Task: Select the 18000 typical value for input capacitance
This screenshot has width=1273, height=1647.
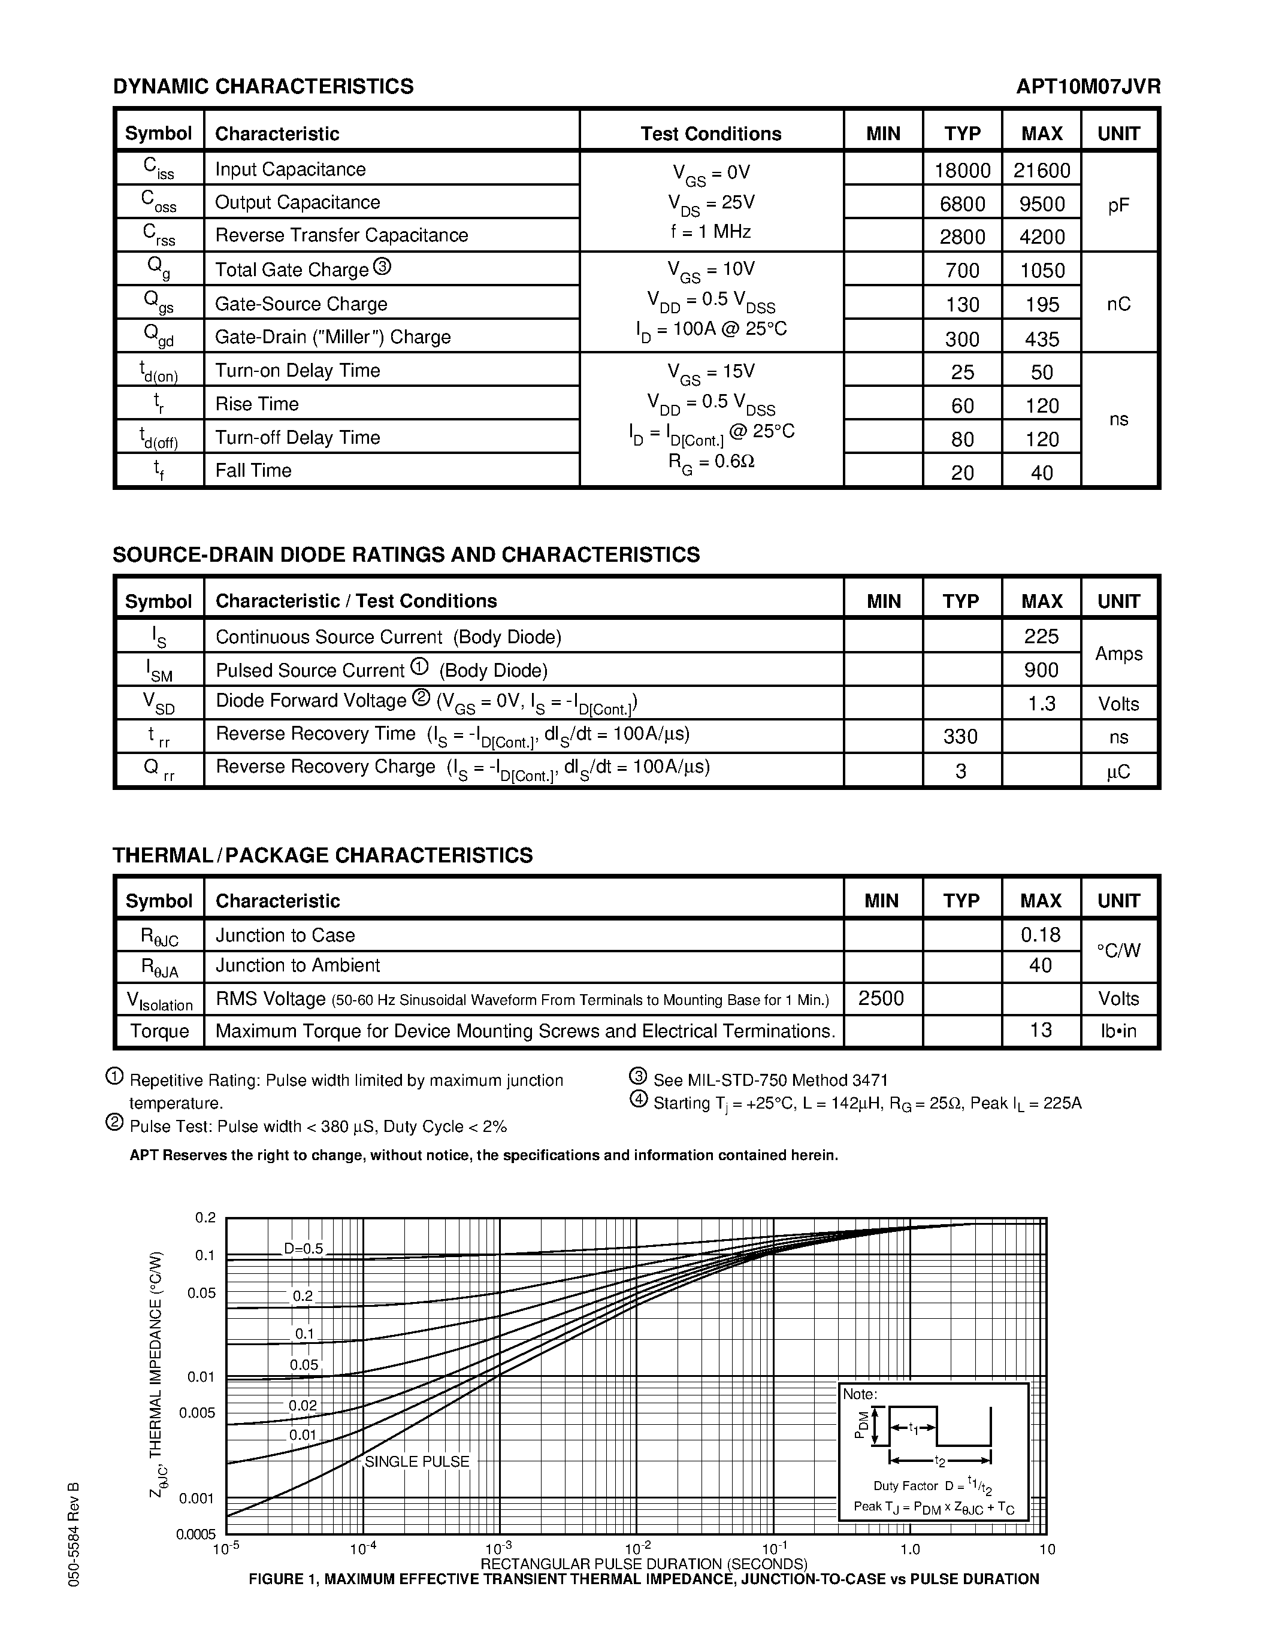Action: coord(962,171)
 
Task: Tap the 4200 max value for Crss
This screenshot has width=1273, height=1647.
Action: coord(1042,237)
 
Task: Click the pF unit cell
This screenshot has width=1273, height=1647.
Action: coord(1118,205)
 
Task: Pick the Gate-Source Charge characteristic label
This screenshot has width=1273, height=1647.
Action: coord(301,304)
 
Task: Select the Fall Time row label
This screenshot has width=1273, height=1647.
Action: coord(253,471)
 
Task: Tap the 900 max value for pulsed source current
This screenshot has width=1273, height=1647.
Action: coord(1042,670)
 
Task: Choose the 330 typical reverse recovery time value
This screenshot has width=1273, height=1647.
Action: coord(961,737)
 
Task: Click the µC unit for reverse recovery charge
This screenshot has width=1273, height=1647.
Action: coord(1118,771)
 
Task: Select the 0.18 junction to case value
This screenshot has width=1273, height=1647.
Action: coord(1041,935)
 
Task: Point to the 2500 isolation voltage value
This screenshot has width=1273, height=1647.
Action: coord(881,998)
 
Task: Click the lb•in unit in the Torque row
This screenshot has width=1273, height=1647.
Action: coord(1118,1031)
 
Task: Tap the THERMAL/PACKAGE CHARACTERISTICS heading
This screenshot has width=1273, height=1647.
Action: coord(323,855)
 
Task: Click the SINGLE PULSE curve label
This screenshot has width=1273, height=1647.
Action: coord(417,1461)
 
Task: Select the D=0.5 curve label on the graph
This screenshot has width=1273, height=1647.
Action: coord(303,1249)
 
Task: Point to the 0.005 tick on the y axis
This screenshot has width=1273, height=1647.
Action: coord(198,1412)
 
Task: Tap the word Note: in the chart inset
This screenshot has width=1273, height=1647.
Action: coord(860,1394)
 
